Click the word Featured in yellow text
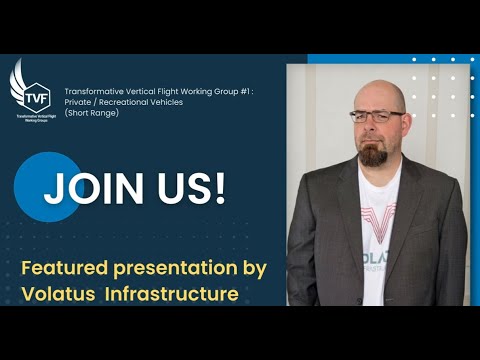(67, 267)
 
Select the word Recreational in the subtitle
(120, 101)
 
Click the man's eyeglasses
(379, 117)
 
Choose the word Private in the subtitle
(77, 101)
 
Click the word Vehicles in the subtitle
(168, 101)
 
